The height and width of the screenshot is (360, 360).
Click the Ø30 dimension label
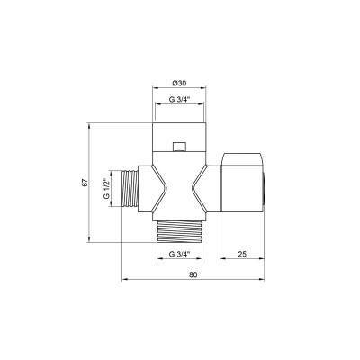[179, 84]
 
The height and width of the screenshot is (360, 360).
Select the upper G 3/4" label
[179, 100]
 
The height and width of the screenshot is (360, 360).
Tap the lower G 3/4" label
[179, 254]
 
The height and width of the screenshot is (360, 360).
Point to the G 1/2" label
[105, 189]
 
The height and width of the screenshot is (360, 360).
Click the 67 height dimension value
[85, 183]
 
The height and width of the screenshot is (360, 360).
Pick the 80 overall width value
[193, 274]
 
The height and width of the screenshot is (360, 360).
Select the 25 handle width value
[242, 254]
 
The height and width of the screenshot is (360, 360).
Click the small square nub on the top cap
[179, 147]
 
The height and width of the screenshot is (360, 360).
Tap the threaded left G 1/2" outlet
[130, 189]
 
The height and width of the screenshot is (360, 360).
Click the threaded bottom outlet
[182, 231]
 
